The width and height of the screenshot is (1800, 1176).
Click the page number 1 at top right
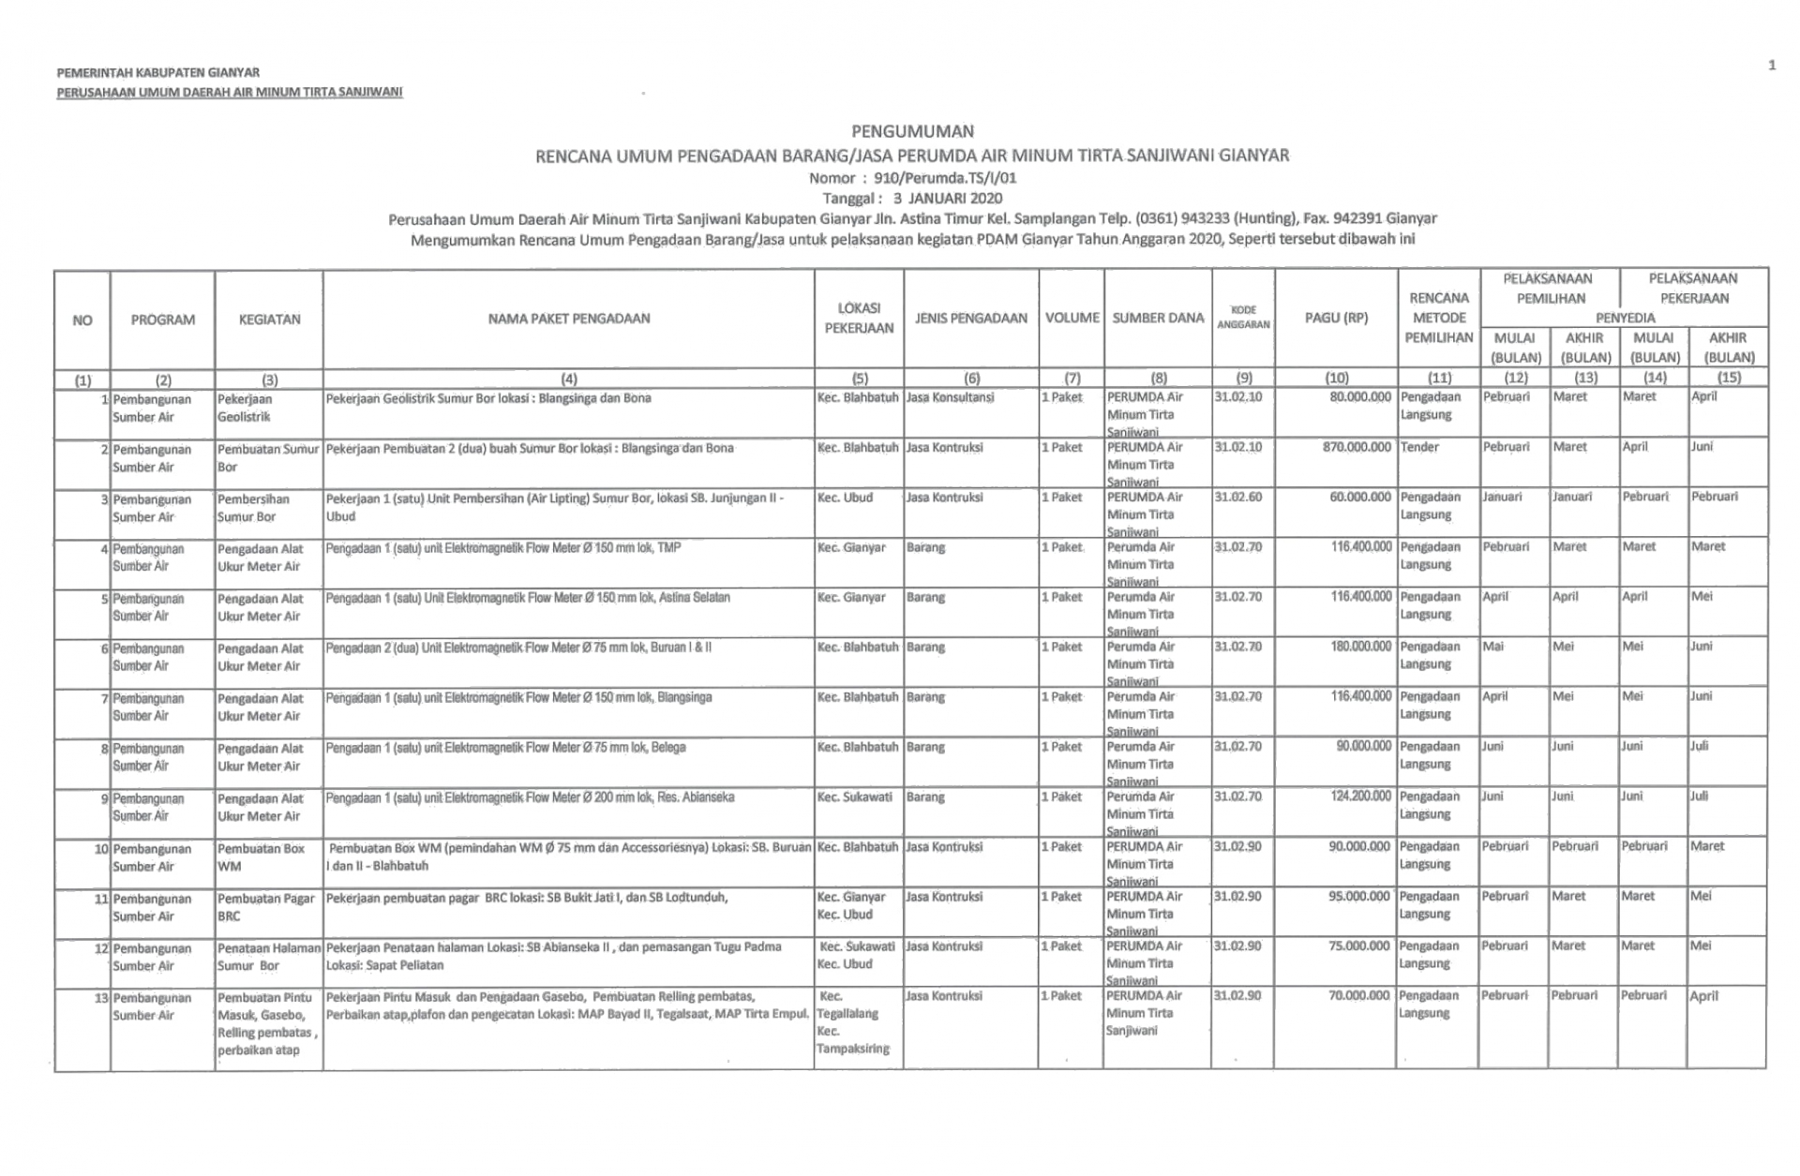point(1771,65)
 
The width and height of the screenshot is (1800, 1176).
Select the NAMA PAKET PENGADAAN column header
point(568,319)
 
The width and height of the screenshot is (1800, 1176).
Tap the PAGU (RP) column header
point(1335,318)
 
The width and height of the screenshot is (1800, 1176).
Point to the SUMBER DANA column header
point(1158,318)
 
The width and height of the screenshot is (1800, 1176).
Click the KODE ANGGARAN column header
point(1242,317)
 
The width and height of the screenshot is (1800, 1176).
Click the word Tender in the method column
point(1419,447)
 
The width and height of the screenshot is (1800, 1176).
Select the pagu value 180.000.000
point(1360,647)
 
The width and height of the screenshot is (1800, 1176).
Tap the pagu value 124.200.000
point(1360,796)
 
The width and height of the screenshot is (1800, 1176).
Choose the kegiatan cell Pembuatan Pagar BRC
point(266,907)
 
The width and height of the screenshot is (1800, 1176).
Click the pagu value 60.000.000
point(1360,497)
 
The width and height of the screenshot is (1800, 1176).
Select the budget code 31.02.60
point(1237,497)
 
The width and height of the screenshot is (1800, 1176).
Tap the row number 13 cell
point(102,998)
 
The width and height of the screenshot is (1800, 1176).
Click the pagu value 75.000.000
point(1359,945)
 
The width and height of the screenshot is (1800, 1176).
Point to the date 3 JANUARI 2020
point(947,198)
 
